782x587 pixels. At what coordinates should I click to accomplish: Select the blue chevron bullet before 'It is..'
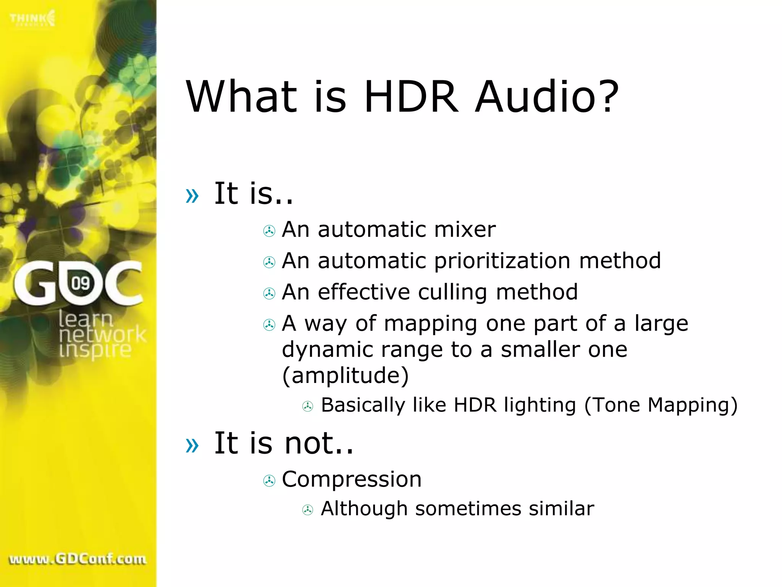(x=192, y=196)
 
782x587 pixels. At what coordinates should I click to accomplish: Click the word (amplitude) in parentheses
(x=345, y=376)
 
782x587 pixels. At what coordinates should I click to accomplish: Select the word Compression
(x=352, y=479)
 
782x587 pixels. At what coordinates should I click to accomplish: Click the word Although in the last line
(x=364, y=509)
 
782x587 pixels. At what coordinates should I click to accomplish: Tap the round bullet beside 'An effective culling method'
(x=269, y=293)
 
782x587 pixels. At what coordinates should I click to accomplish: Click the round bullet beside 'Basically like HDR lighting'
(x=308, y=406)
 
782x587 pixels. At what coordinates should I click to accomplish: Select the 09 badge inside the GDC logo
(x=81, y=283)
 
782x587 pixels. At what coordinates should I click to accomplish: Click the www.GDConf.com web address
(x=78, y=559)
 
